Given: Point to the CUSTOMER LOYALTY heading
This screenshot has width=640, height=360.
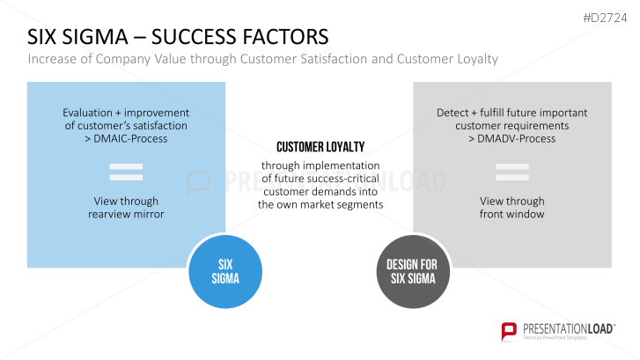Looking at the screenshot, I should (x=320, y=147).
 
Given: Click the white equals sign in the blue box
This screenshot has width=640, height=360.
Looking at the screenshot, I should (x=126, y=170).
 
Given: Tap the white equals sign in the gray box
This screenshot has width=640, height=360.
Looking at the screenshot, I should (x=511, y=170).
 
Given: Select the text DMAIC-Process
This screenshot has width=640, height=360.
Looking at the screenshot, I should (x=131, y=138).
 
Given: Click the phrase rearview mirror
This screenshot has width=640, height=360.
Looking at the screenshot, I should (x=126, y=214).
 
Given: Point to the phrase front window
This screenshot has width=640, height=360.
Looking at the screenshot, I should (x=511, y=214).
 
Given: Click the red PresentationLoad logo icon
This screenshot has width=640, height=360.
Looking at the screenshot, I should (x=509, y=331).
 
